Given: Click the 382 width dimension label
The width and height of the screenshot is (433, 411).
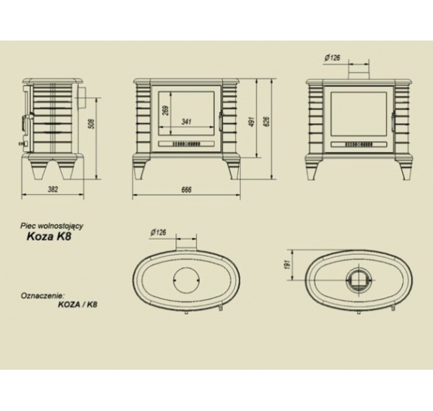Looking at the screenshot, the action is coord(53,189).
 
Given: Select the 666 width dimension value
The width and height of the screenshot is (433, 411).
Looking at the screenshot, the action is coord(186,190).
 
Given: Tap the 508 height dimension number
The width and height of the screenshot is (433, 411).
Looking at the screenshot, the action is coord(92,124).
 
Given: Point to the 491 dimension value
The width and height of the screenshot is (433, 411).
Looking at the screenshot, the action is coord(251,122).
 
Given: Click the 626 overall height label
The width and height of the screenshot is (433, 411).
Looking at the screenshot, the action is coord(267,122).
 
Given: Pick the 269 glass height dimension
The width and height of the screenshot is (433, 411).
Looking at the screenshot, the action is coord(167,111).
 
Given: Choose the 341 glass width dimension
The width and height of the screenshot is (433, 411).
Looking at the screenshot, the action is coord(186,121).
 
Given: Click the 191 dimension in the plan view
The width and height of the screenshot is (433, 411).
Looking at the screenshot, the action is coord(287,265).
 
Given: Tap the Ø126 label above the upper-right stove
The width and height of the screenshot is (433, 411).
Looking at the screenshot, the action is coord(332,58).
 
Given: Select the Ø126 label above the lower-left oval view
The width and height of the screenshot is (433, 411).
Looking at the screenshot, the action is coord(159,232).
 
